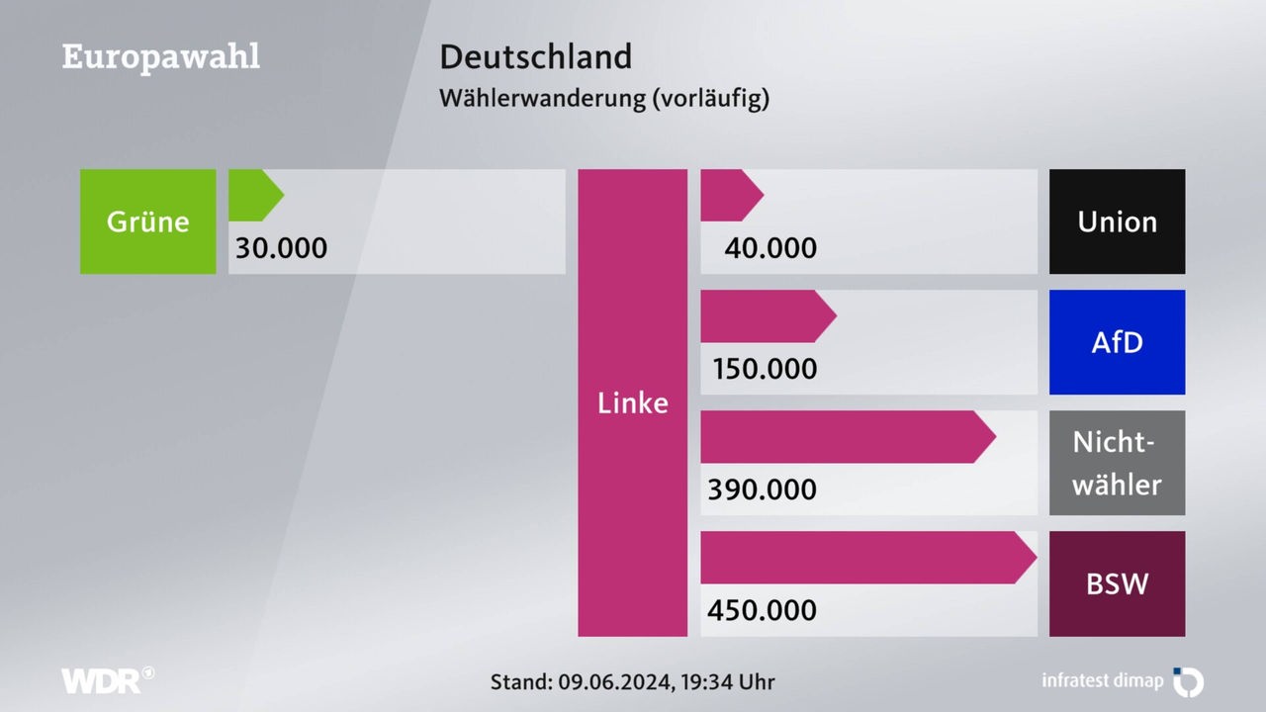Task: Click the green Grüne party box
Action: [x=147, y=222]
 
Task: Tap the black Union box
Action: [x=1117, y=222]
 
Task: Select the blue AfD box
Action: [x=1117, y=342]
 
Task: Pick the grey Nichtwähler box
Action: [x=1117, y=463]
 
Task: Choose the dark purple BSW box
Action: [x=1117, y=583]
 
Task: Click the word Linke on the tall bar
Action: [x=632, y=403]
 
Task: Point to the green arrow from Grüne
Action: [x=254, y=195]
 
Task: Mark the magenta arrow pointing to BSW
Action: [x=866, y=558]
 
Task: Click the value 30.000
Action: [x=281, y=247]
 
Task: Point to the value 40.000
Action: [x=770, y=247]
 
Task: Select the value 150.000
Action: [x=765, y=369]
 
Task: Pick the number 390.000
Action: [x=762, y=489]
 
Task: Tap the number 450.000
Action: [x=762, y=610]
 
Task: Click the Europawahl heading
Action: [x=161, y=56]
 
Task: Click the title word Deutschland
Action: [x=535, y=56]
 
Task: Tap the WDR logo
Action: [x=107, y=680]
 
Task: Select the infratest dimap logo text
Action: [x=1102, y=680]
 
